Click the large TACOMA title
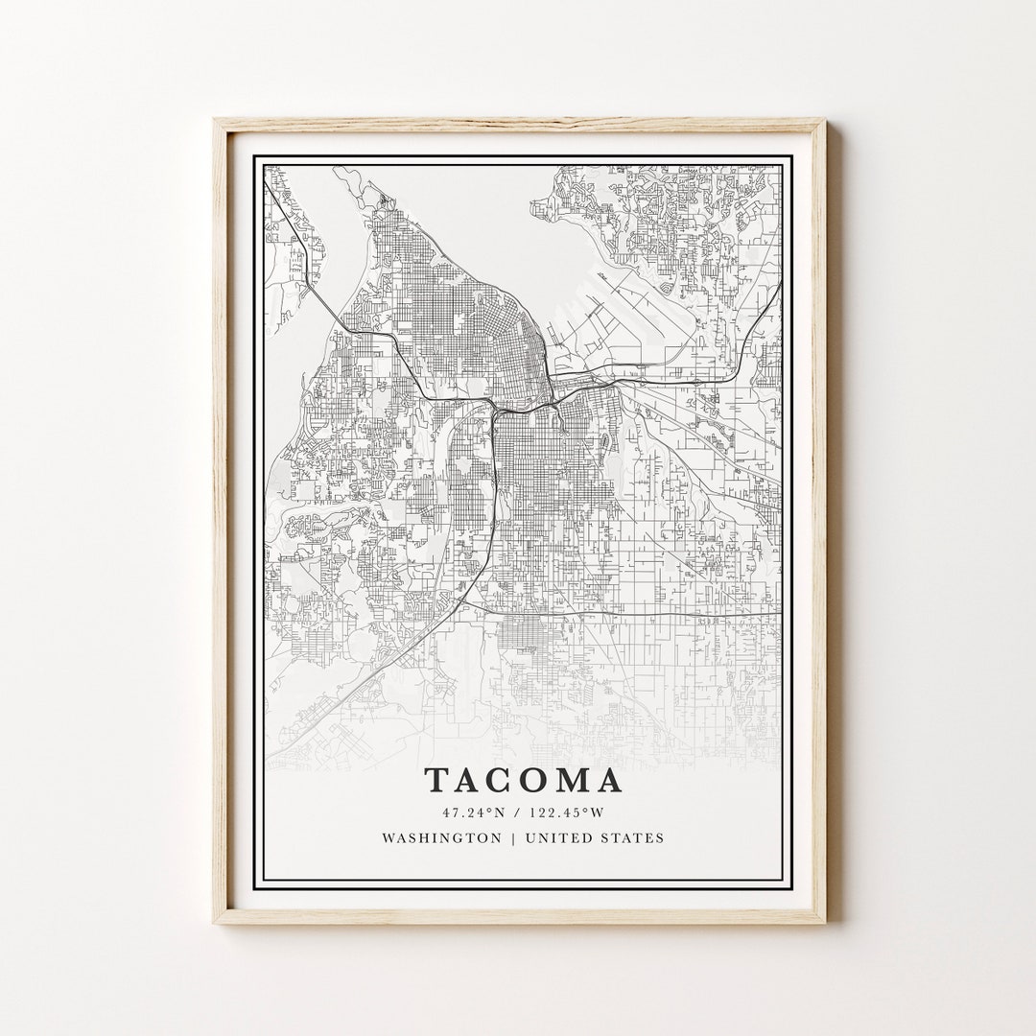click(x=523, y=780)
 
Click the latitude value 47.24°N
click(x=473, y=812)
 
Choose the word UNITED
click(x=560, y=837)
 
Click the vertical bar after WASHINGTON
click(x=512, y=837)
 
